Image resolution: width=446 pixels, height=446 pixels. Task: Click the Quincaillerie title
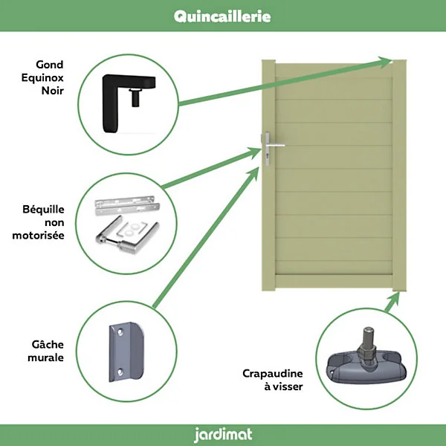tap(222, 16)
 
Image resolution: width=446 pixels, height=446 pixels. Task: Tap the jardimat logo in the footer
tap(223, 435)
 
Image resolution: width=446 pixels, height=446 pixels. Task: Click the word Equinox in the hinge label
tap(42, 77)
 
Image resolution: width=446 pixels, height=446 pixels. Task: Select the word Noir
tap(53, 91)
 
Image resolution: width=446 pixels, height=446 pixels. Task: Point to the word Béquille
tap(43, 210)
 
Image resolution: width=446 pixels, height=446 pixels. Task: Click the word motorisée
tap(38, 235)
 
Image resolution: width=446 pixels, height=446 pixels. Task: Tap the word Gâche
tap(48, 344)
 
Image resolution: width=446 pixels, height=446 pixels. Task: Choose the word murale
tap(45, 358)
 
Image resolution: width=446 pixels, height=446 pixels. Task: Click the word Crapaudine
tap(273, 373)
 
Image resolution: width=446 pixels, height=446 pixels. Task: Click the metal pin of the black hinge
tap(135, 97)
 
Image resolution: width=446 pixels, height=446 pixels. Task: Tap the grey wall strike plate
tap(126, 352)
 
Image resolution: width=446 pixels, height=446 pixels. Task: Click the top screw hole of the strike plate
tap(120, 332)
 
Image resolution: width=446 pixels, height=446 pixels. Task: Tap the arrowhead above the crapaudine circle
tap(395, 300)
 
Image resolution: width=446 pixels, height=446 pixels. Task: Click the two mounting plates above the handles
tap(127, 205)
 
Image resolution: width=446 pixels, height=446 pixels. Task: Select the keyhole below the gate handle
tap(268, 156)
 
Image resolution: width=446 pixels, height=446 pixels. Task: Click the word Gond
tap(50, 65)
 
